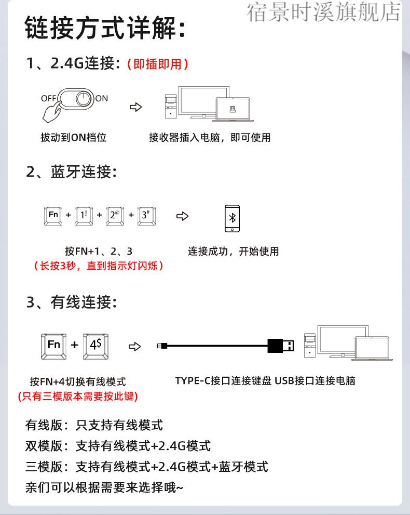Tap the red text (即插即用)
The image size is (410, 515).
(x=157, y=64)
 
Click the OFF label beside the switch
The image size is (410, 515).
(x=48, y=98)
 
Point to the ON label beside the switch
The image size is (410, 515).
(x=102, y=98)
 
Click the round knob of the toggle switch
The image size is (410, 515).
(x=83, y=98)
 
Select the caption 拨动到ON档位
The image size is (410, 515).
(x=73, y=137)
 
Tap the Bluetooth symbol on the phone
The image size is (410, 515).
(x=232, y=217)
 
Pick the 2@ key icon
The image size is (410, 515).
(x=115, y=215)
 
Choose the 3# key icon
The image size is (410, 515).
(x=147, y=215)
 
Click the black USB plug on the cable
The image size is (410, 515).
(x=281, y=345)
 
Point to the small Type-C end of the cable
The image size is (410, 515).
(x=162, y=346)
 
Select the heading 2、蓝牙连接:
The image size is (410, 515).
(x=71, y=172)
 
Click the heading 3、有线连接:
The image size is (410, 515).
(x=71, y=302)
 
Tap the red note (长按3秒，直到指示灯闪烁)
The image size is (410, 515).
(x=98, y=266)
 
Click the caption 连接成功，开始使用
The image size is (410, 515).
(x=233, y=252)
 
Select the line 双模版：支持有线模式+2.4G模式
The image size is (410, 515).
(x=118, y=446)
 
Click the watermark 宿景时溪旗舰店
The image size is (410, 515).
(x=324, y=13)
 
